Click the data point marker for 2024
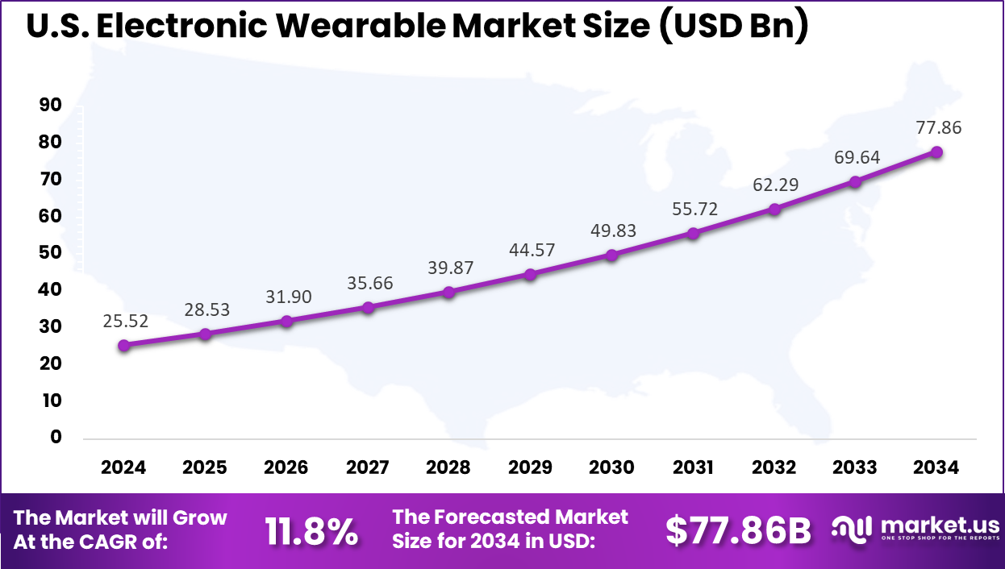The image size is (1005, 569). [x=123, y=345]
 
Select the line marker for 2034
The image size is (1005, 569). [x=936, y=152]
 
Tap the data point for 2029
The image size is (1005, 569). [x=530, y=274]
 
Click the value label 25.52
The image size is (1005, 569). [x=125, y=321]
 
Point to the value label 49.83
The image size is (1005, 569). [x=612, y=231]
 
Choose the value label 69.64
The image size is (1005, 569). [x=857, y=157]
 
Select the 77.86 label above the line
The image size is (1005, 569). [x=939, y=127]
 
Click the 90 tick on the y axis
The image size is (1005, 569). [x=50, y=106]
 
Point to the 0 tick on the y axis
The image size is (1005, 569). [x=56, y=437]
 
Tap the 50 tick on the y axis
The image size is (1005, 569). [x=50, y=253]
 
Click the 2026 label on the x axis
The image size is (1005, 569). [x=286, y=467]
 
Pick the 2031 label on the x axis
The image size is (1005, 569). [x=693, y=467]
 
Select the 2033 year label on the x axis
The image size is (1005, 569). [x=856, y=467]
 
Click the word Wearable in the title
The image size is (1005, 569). [x=354, y=27]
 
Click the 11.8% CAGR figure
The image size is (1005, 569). [x=311, y=531]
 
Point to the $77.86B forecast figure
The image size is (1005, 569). [x=738, y=531]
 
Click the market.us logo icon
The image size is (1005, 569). [x=853, y=529]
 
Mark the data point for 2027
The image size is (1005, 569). [x=368, y=307]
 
